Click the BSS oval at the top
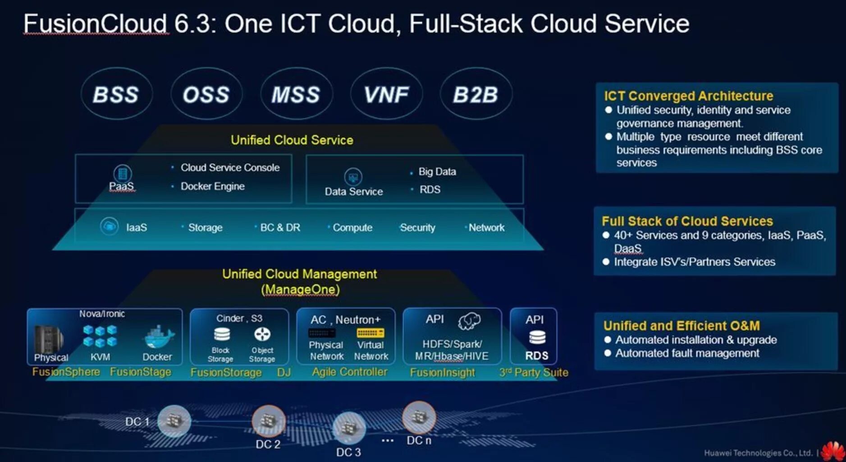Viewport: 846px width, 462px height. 116,94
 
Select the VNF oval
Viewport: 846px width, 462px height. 386,94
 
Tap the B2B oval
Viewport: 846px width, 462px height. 476,94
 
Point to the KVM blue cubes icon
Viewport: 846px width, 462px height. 100,336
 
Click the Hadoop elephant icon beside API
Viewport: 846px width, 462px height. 469,321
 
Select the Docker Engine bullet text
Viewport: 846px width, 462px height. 212,186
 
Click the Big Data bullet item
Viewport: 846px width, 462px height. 437,172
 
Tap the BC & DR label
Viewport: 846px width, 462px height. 280,228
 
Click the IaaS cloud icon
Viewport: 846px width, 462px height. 109,226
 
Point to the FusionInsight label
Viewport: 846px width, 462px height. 442,373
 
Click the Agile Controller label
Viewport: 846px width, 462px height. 349,372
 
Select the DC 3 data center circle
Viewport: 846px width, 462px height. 348,427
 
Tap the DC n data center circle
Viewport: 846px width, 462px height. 419,417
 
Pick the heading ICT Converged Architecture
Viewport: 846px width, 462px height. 688,96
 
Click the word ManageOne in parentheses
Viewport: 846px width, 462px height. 300,290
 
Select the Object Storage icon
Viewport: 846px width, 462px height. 262,334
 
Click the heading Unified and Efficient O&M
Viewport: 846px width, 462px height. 681,326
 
